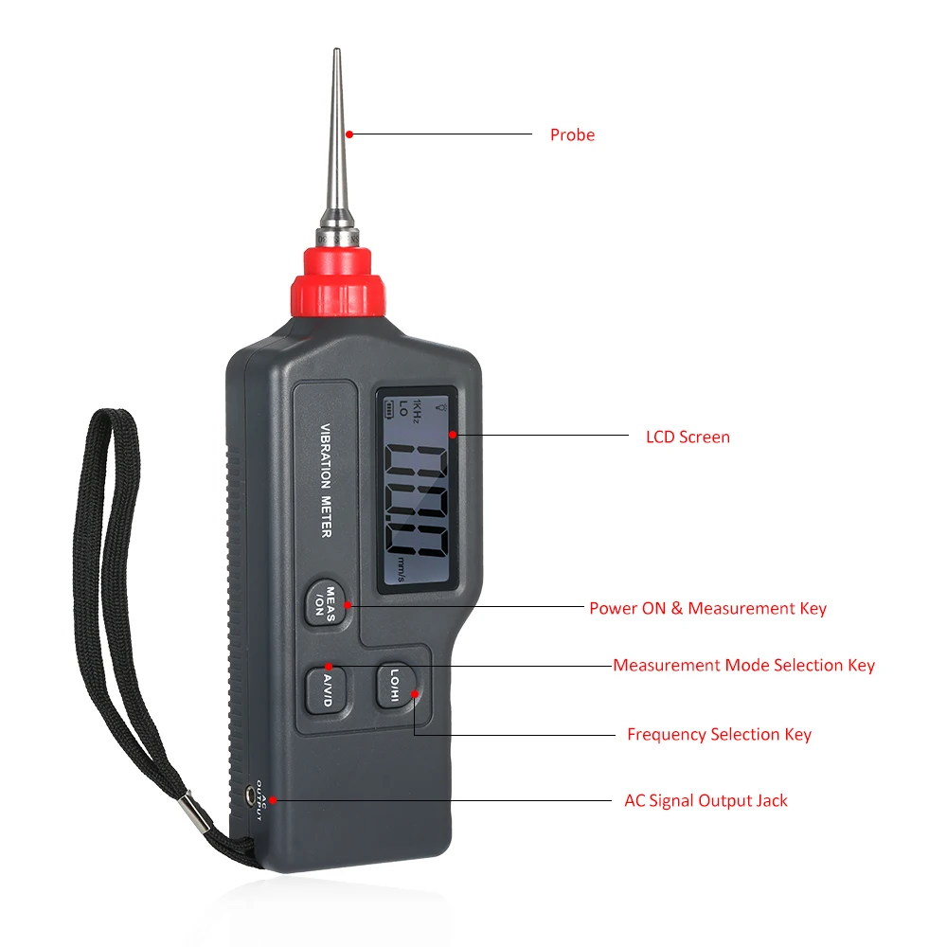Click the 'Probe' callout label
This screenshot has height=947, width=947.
click(572, 134)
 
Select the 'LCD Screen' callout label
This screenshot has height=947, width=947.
click(688, 437)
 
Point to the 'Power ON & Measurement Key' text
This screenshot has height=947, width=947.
click(707, 608)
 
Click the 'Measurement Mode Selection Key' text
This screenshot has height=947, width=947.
click(743, 665)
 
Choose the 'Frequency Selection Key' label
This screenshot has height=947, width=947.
click(719, 734)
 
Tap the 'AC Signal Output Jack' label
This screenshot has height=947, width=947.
click(706, 800)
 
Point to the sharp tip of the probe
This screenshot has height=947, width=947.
click(335, 53)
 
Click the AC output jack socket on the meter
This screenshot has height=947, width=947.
click(253, 795)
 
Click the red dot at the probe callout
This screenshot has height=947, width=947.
click(348, 134)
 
